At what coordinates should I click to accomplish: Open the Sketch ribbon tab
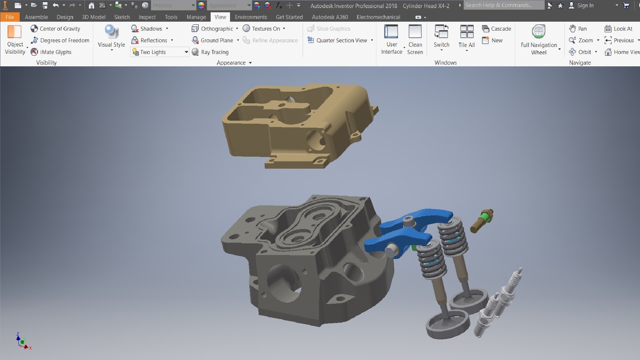[x=122, y=17]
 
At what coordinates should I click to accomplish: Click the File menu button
[x=10, y=17]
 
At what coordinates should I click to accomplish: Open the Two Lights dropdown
[x=186, y=52]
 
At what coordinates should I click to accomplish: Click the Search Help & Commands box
[x=503, y=5]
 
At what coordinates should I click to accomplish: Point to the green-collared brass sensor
[x=482, y=220]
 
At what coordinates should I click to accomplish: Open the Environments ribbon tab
[x=251, y=17]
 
